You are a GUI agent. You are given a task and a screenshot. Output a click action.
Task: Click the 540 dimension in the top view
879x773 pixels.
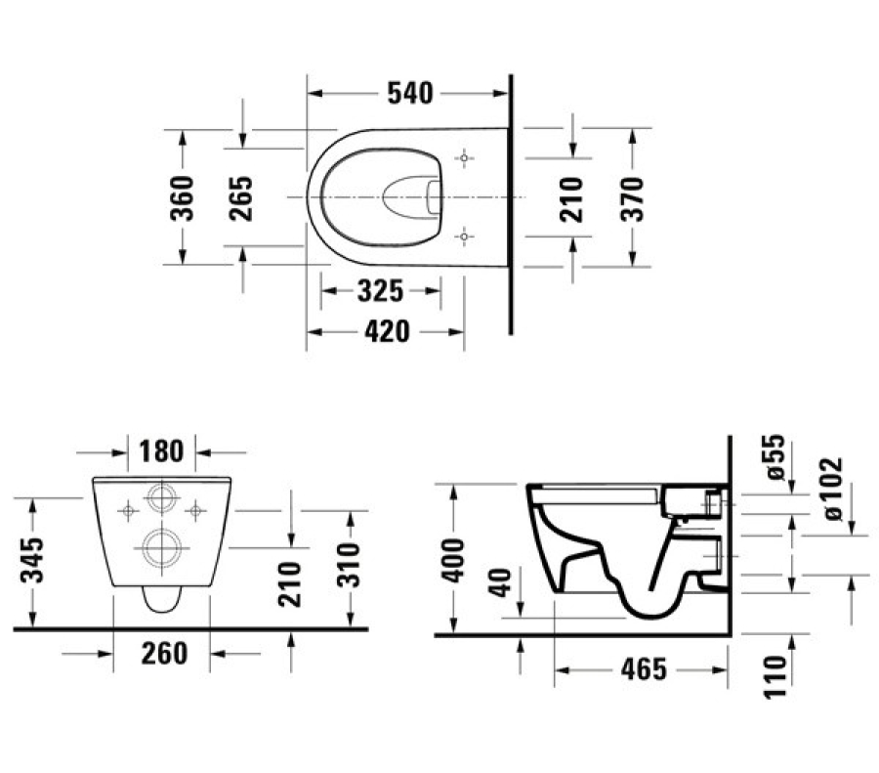pos(410,93)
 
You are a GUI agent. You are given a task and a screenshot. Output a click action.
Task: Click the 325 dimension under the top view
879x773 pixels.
pos(381,291)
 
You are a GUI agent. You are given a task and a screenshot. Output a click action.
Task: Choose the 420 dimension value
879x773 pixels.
pos(386,332)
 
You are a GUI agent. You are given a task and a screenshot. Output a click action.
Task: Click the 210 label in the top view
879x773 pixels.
pos(573,197)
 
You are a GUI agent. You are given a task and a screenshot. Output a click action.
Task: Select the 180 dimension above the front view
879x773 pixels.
pos(162,451)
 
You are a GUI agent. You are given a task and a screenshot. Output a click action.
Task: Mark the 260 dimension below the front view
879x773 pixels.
pos(162,652)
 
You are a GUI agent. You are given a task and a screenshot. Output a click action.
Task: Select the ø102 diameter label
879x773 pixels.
pos(833,489)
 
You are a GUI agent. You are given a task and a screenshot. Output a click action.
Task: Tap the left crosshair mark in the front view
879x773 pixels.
pos(127,509)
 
